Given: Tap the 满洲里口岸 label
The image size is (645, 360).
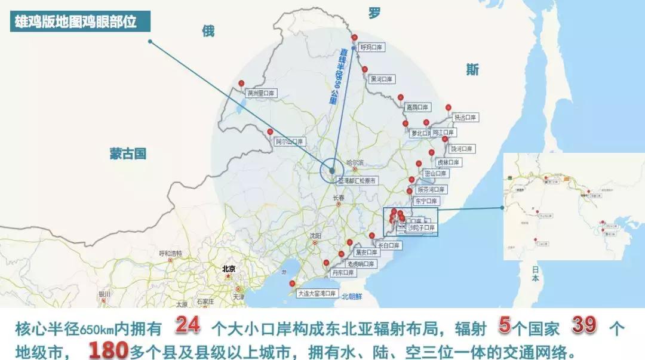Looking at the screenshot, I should pyautogui.click(x=262, y=94).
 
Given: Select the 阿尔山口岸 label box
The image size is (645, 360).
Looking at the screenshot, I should pyautogui.click(x=290, y=142).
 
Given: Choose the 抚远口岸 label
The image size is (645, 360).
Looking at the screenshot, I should pyautogui.click(x=465, y=118).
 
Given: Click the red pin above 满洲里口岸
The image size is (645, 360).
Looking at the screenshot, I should pyautogui.click(x=241, y=84).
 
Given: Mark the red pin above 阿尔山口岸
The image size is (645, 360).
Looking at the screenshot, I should pyautogui.click(x=270, y=132).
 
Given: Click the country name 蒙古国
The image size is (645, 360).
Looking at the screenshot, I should pyautogui.click(x=128, y=153).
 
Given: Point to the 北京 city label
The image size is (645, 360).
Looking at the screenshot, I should pyautogui.click(x=228, y=269).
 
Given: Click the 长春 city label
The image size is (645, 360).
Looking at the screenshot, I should pyautogui.click(x=339, y=198).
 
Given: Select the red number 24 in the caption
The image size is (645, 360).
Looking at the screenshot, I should pyautogui.click(x=187, y=327).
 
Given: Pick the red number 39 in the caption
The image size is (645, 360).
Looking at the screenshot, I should pyautogui.click(x=585, y=327).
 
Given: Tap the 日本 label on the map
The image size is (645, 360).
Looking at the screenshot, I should pyautogui.click(x=535, y=274).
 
